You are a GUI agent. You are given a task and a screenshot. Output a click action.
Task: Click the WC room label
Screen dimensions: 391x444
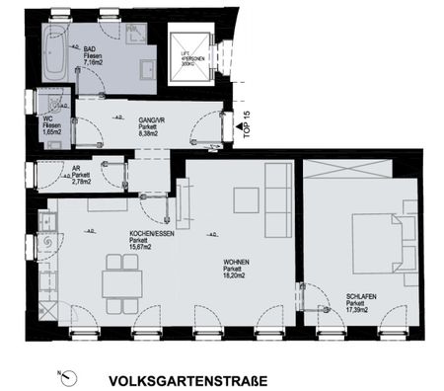(x=46, y=124)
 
